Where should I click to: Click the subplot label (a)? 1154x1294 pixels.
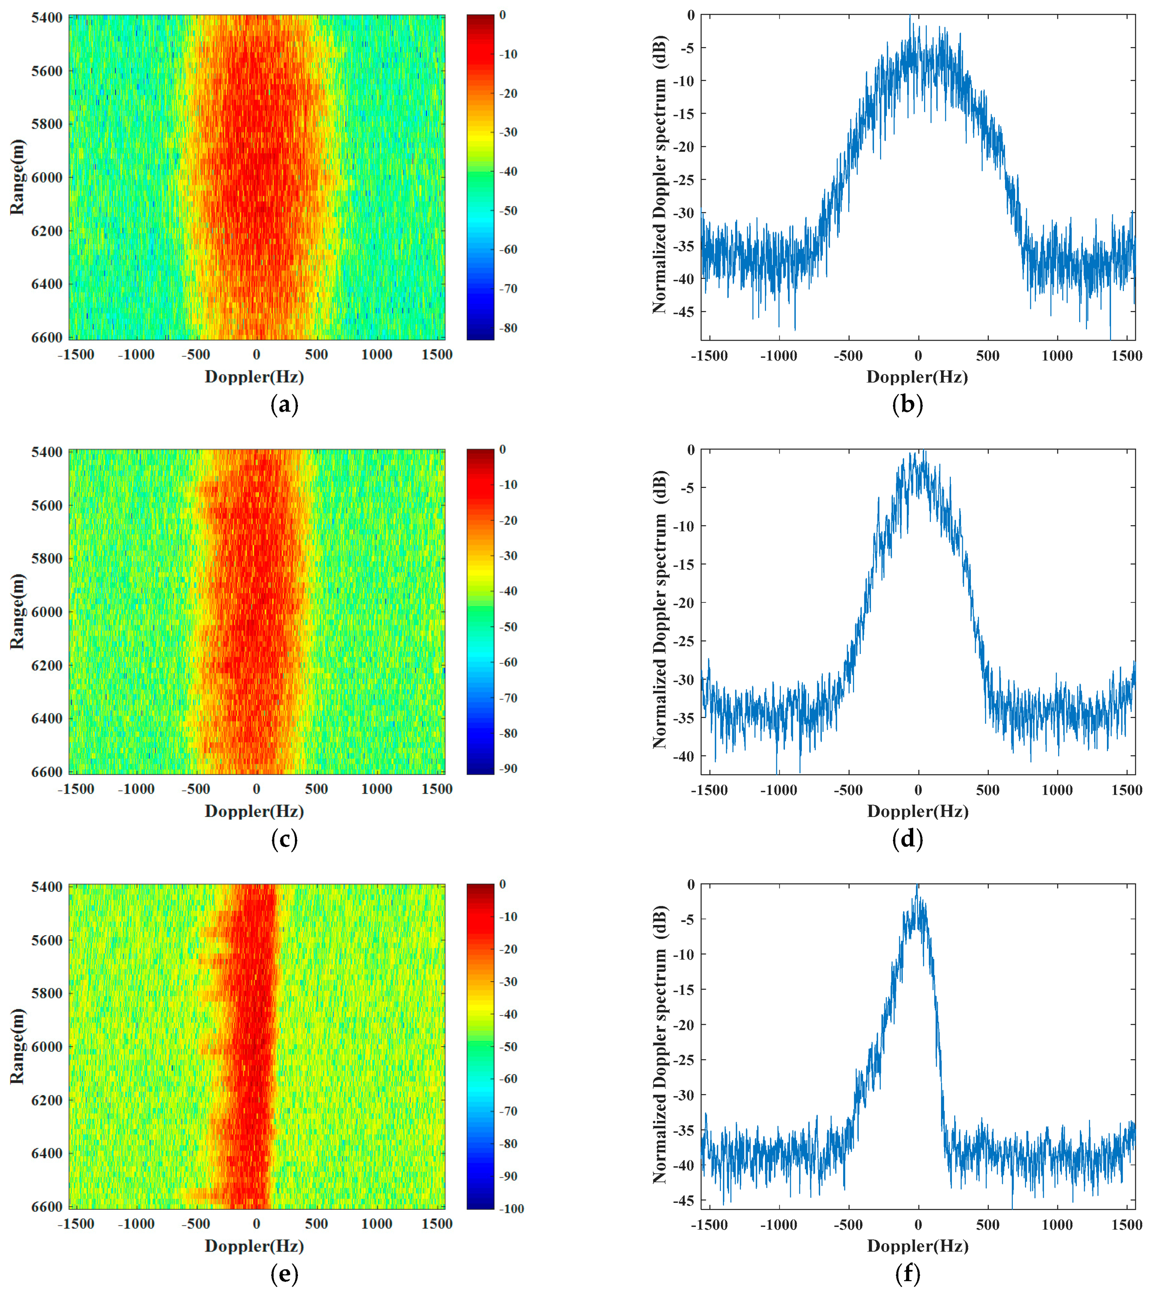point(284,405)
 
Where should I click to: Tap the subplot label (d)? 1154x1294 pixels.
point(907,839)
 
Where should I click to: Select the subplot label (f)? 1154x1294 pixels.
point(907,1274)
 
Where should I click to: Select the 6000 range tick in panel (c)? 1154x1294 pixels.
point(47,612)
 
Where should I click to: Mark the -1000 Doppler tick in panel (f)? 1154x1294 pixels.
point(778,1225)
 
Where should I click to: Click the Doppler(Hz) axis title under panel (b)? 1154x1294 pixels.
point(917,377)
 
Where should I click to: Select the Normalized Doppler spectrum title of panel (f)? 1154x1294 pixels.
point(660,1044)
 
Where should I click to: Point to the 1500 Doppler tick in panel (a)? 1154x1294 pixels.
point(437,355)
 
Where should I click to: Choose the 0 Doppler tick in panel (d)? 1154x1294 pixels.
point(918,790)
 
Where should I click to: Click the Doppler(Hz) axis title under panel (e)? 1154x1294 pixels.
point(254,1246)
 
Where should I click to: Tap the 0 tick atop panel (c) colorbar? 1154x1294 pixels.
point(503,450)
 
